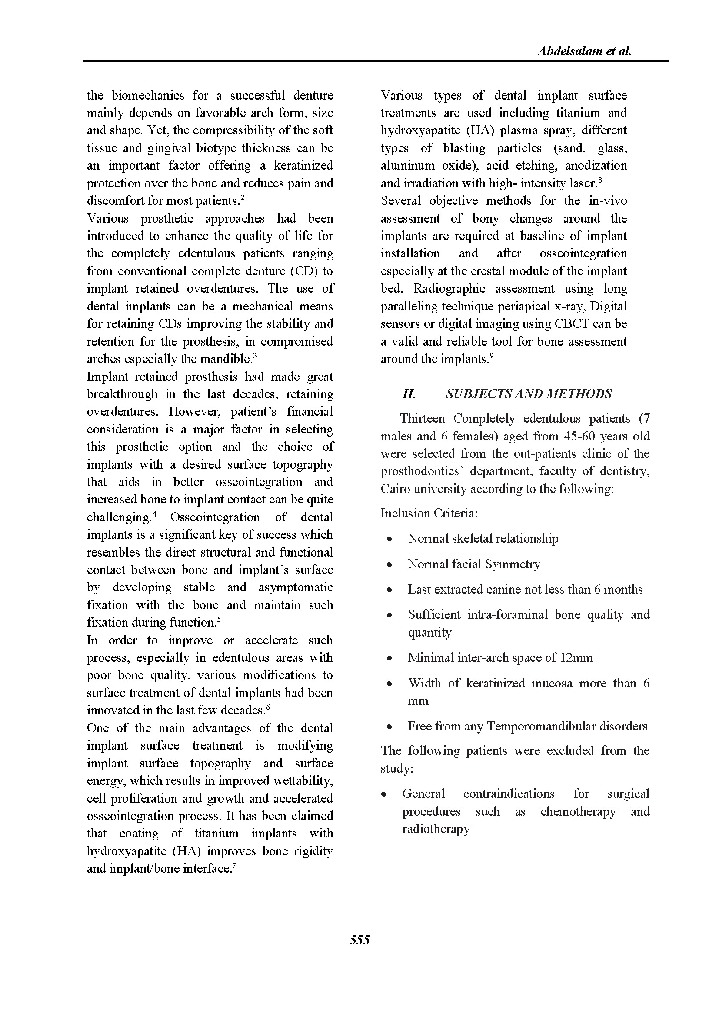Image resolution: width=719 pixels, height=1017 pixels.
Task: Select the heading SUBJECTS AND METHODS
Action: coord(529,394)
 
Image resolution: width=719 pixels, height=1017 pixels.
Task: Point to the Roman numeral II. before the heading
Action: coord(408,394)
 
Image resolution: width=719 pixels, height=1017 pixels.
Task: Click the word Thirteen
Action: coord(422,419)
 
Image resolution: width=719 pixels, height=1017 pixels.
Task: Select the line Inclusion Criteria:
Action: coord(429,514)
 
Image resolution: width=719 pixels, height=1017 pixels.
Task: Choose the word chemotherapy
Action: coord(578,811)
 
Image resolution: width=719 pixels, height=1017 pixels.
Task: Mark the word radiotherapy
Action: coord(436,829)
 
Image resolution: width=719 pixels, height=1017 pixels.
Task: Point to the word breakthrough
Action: coord(122,394)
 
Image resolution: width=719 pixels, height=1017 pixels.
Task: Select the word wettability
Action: coord(307,780)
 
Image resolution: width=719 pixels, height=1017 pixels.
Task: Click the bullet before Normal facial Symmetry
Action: coord(389,565)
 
